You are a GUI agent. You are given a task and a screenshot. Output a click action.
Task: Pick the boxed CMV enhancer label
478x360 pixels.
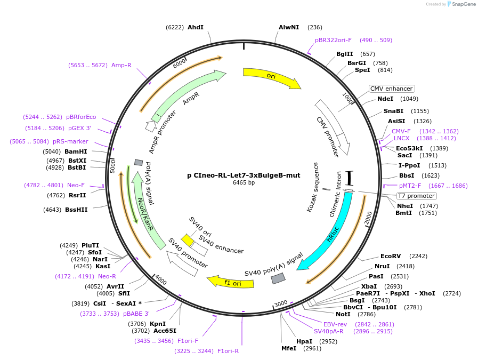392,89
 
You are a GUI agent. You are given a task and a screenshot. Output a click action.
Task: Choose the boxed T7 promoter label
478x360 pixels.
417,196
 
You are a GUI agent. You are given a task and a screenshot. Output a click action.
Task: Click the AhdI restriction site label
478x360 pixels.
195,27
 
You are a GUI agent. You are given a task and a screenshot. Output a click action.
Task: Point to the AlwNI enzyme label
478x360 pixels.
289,27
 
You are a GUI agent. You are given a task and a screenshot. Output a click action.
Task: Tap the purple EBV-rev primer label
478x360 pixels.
335,324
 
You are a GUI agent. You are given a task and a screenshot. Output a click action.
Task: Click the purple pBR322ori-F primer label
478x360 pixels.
333,40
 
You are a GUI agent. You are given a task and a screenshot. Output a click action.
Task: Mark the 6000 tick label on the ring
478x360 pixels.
180,63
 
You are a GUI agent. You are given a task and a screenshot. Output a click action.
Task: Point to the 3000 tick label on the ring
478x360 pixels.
281,303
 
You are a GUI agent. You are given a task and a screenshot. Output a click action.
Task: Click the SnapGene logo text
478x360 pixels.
462,4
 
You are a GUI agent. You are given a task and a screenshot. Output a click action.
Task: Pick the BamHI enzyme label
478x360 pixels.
76,151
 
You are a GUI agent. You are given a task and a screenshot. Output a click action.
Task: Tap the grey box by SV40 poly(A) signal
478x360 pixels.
278,278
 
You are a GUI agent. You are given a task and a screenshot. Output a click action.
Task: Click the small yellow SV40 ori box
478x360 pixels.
187,240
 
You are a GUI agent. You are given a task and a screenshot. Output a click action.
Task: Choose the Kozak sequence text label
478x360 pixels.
312,187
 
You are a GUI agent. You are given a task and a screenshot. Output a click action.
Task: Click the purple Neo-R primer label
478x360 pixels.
107,276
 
